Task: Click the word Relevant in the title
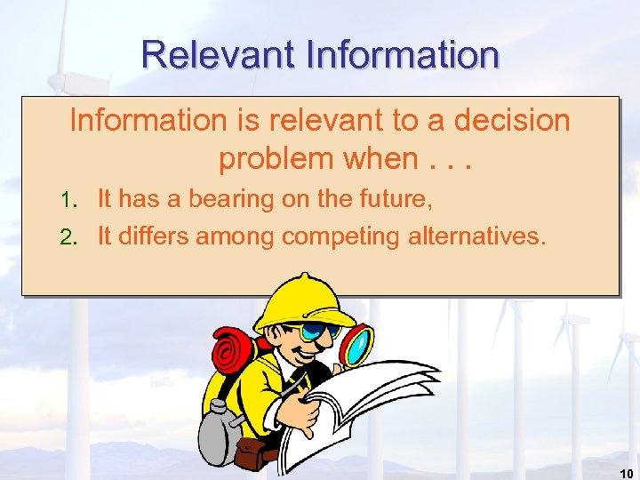(x=218, y=55)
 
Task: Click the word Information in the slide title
(x=402, y=55)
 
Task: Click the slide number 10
(x=624, y=473)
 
